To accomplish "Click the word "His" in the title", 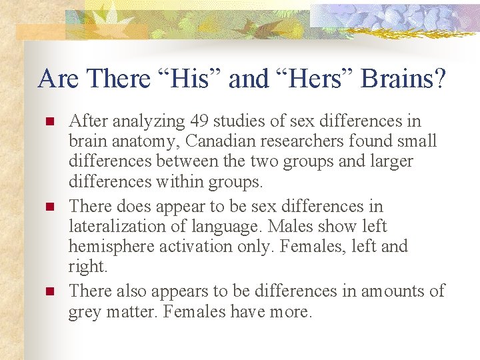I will pos(194,79).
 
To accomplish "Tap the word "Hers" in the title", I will pos(313,79).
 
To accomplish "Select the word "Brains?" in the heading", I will pos(403,79).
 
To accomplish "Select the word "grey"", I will pos(84,311).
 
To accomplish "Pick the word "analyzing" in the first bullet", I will pos(145,121).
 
